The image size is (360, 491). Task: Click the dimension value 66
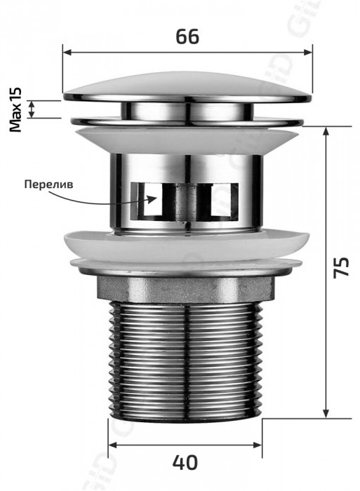tap(187, 36)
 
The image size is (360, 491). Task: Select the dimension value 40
tap(185, 462)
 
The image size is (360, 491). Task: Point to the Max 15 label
tap(15, 109)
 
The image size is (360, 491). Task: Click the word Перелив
tap(48, 184)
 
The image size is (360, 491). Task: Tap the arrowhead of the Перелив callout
tap(152, 199)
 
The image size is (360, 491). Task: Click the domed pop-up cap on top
tap(187, 87)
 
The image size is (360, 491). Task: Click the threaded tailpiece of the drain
tap(185, 360)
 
